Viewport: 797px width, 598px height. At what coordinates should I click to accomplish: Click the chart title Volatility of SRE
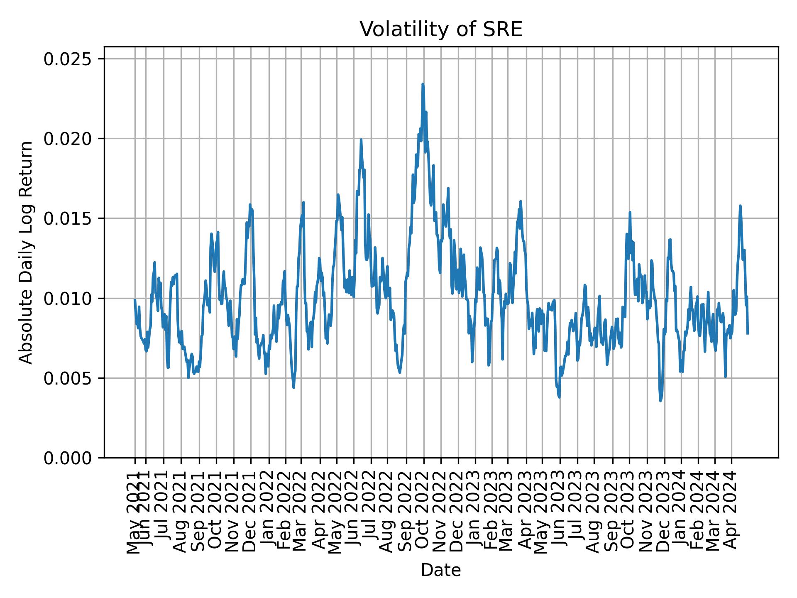coord(440,29)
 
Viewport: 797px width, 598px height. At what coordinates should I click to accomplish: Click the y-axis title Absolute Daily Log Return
coord(27,252)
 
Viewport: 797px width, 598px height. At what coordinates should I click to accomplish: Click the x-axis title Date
coord(440,570)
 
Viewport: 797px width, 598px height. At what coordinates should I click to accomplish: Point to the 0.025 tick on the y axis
coord(68,59)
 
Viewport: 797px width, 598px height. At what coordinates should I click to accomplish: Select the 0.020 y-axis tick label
coord(68,139)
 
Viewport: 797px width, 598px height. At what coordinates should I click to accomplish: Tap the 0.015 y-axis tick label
coord(68,219)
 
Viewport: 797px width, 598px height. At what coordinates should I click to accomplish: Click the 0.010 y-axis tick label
coord(68,299)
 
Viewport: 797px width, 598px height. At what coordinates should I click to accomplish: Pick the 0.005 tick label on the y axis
coord(68,378)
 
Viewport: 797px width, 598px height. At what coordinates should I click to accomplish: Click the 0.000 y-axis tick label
coord(68,458)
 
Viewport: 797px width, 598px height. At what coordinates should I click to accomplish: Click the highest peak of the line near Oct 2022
coord(423,84)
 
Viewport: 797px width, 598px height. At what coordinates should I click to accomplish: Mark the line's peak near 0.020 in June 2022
coord(361,140)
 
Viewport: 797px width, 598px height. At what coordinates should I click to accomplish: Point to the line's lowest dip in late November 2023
coord(660,401)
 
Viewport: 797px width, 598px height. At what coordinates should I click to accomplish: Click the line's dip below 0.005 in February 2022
coord(293,387)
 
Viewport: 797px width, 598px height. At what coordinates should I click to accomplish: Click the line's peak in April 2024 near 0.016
coord(740,206)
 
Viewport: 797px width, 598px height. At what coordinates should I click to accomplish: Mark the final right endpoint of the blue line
coord(748,333)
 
